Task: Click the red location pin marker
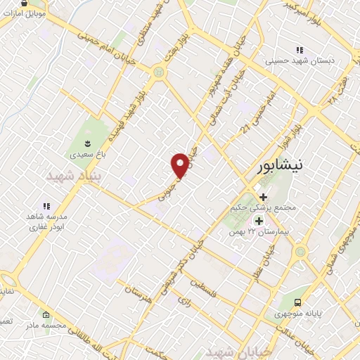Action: [x=180, y=165]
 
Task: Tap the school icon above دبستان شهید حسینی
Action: [x=300, y=50]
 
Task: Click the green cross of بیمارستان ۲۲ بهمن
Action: [x=259, y=221]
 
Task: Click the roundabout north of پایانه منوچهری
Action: [x=301, y=251]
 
